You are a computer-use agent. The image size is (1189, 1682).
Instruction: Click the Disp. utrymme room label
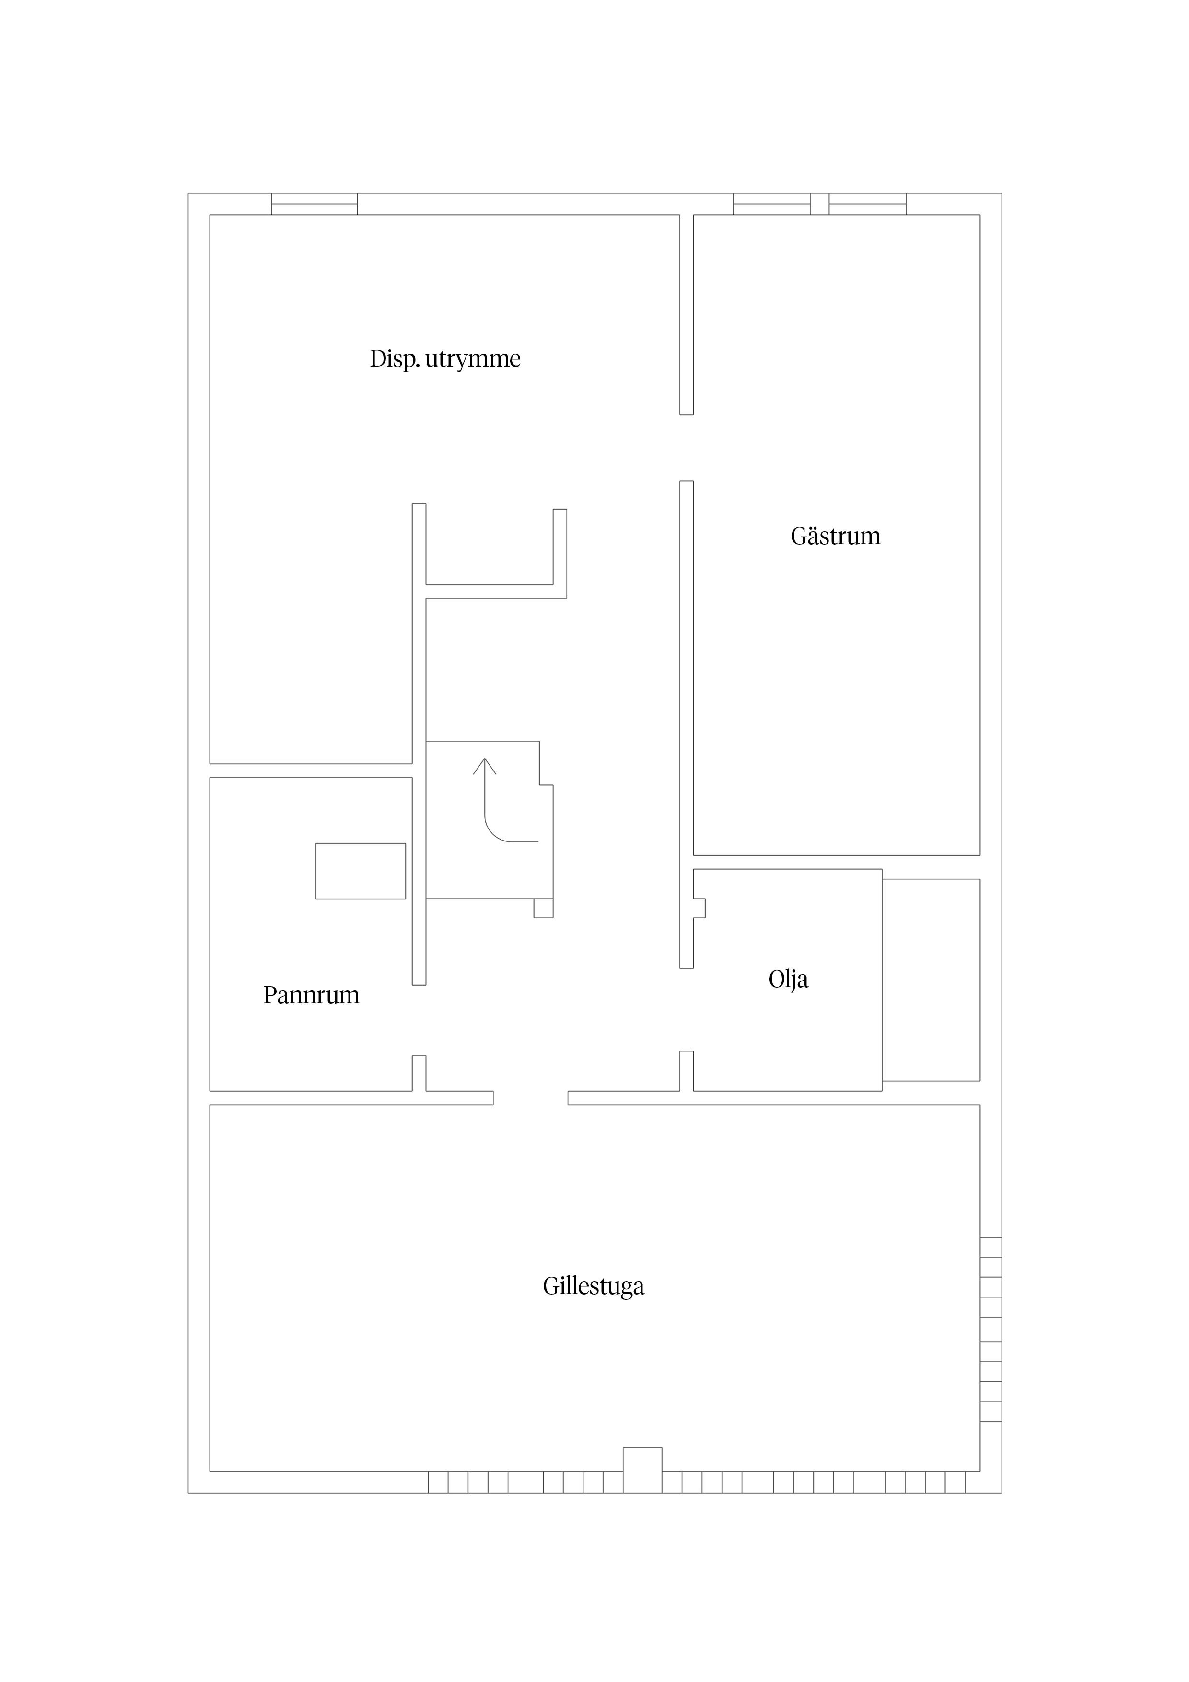445,359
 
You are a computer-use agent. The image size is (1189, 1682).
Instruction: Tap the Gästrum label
835,536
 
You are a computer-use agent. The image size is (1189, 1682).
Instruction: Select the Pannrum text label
311,995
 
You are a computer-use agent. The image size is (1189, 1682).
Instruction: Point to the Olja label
788,980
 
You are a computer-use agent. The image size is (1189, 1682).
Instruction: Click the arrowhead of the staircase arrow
484,766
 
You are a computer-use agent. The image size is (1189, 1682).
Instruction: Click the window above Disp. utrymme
315,204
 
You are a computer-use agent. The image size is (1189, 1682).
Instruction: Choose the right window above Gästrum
867,204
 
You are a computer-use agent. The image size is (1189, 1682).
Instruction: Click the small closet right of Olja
931,980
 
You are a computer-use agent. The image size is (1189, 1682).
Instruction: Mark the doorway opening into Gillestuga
530,1098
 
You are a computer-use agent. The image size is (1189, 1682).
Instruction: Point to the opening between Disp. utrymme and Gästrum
687,448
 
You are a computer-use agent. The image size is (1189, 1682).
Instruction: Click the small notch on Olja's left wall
699,908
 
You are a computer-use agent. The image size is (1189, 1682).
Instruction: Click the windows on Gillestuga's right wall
991,1329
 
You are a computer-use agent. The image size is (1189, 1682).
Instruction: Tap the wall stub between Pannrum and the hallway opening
419,1073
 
